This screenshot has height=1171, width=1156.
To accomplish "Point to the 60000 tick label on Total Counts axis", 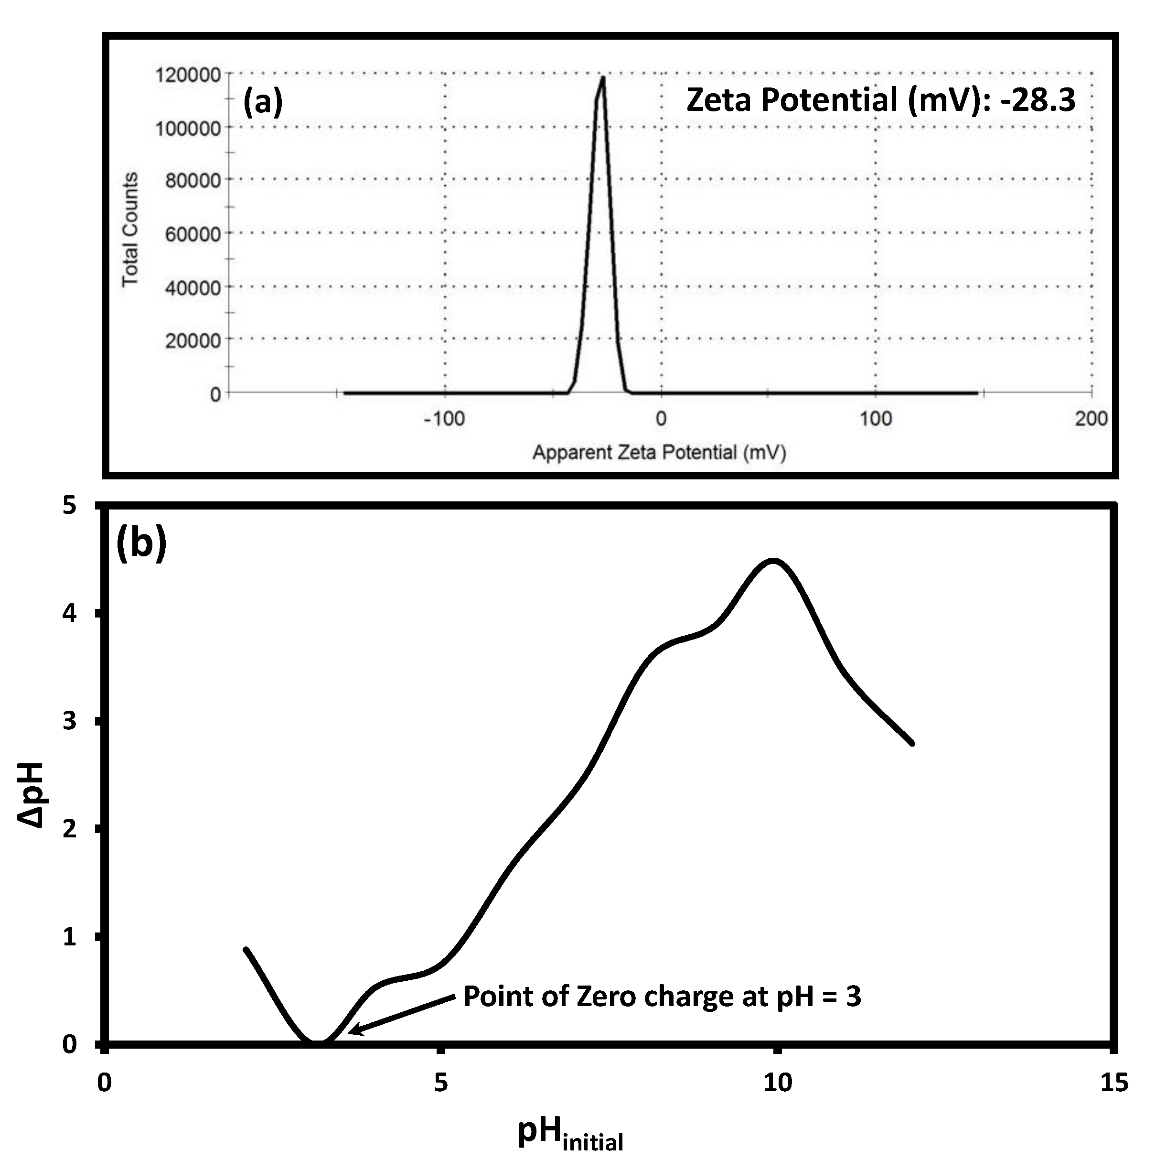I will pyautogui.click(x=193, y=234).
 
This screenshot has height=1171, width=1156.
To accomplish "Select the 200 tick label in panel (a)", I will pyautogui.click(x=1091, y=419).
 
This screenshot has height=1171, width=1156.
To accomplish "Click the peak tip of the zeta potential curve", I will pyautogui.click(x=602, y=77).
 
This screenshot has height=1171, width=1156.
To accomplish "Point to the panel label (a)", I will pyautogui.click(x=262, y=101).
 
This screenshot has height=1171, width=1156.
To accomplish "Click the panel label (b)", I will pyautogui.click(x=140, y=541).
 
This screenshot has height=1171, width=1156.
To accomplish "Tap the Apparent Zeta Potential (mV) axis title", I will pyautogui.click(x=659, y=453).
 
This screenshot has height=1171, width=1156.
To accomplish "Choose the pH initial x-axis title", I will pyautogui.click(x=569, y=1133).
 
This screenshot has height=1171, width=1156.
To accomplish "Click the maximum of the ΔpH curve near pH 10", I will pyautogui.click(x=773, y=561).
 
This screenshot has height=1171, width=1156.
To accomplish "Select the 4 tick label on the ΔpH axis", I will pyautogui.click(x=70, y=613).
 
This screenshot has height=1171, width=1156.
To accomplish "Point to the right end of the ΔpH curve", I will pyautogui.click(x=912, y=743).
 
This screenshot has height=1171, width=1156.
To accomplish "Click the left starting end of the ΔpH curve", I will pyautogui.click(x=246, y=949).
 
